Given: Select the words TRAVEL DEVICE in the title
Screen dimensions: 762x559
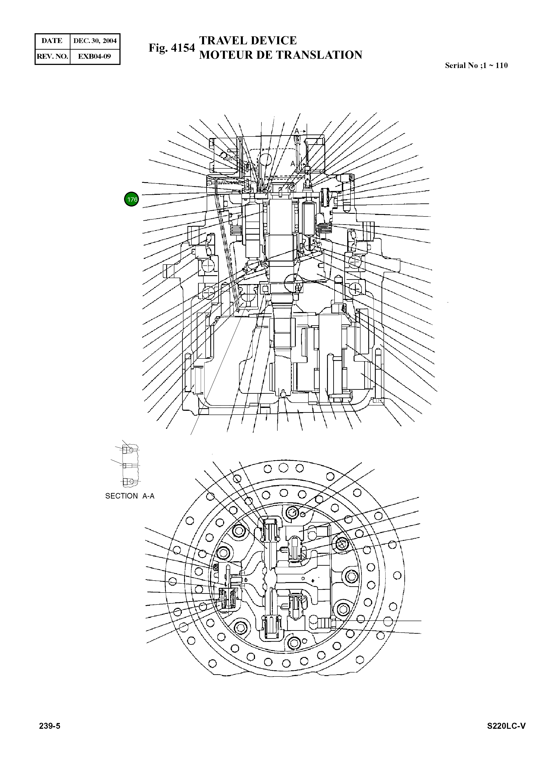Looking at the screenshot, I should [x=248, y=41].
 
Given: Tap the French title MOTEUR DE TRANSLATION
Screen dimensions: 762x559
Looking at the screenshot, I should [x=280, y=55].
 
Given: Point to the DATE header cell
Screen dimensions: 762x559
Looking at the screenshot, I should [x=52, y=41].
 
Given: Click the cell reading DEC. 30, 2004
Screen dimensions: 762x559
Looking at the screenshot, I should [x=95, y=41].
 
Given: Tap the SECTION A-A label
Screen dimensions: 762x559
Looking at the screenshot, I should [x=130, y=496].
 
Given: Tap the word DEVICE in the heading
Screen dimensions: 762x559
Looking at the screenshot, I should [x=273, y=41].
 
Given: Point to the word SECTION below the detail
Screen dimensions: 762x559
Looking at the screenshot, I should [x=121, y=496].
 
